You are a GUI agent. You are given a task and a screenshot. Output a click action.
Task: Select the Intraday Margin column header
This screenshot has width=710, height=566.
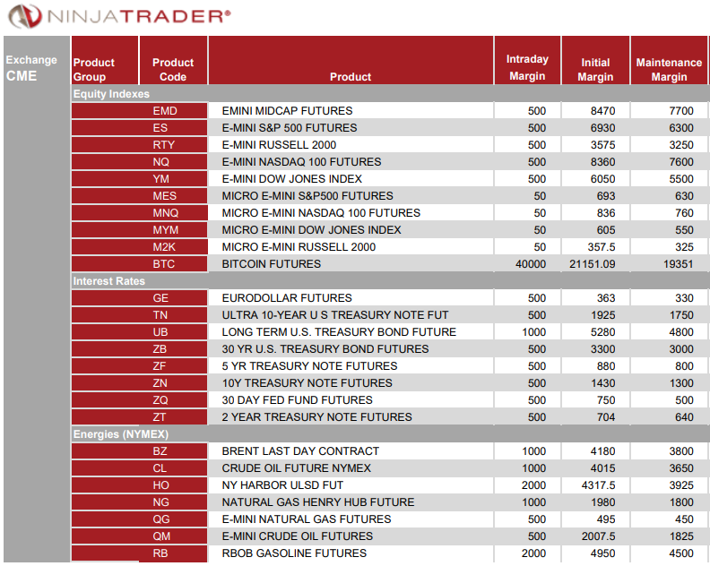[x=527, y=68]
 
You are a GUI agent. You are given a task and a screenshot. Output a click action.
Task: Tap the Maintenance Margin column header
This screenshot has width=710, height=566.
[x=669, y=70]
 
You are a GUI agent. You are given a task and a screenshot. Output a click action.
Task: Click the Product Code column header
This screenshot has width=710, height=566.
[x=173, y=70]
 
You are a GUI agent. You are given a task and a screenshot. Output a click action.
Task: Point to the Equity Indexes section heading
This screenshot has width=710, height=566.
[x=111, y=94]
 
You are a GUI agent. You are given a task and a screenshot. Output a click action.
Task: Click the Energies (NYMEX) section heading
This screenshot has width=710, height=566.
[x=120, y=434]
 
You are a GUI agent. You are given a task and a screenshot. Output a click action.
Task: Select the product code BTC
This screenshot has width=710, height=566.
[x=165, y=264]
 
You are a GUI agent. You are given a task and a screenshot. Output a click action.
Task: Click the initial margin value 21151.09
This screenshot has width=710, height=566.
[x=592, y=264]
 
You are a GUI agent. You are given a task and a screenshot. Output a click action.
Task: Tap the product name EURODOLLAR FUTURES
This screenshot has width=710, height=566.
[x=287, y=298]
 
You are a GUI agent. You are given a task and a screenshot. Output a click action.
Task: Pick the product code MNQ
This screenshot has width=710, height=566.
[x=165, y=213]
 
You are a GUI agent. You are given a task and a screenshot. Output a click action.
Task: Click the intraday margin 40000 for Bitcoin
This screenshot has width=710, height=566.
[x=530, y=264]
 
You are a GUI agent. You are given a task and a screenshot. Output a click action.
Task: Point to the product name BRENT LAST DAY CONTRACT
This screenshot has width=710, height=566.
[x=300, y=451]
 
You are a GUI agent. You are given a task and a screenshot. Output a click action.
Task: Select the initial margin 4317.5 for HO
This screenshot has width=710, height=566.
[x=597, y=485]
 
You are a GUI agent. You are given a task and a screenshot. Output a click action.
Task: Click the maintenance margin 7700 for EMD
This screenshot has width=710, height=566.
[x=681, y=111]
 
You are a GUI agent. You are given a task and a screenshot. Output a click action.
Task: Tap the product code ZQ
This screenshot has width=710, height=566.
[x=160, y=400]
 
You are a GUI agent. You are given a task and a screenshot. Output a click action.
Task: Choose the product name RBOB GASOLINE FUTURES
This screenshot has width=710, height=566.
[x=294, y=553]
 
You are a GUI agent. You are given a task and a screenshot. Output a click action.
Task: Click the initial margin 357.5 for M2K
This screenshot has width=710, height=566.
[x=601, y=247]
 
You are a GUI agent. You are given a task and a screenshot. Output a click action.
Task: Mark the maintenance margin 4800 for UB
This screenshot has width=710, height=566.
[x=681, y=332]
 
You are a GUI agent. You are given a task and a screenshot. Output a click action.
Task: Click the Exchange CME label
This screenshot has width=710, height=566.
[x=30, y=68]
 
